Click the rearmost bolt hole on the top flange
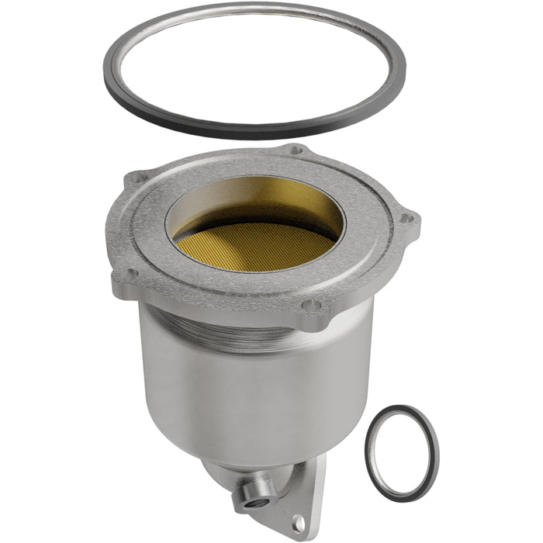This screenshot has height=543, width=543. tap(297, 150)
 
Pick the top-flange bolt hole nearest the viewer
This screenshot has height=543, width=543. tap(312, 305)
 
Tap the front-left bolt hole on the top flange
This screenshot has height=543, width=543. tap(130, 273)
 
